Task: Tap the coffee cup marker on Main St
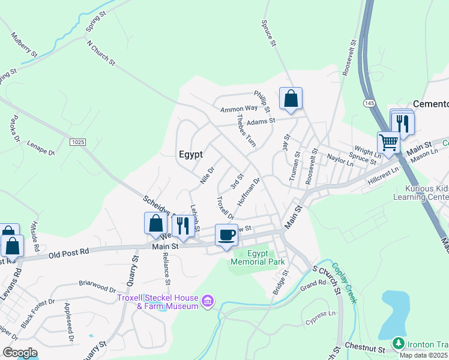226,235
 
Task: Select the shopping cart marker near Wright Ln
388,143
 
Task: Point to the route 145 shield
368,104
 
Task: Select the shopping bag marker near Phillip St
291,98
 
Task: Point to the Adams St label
261,121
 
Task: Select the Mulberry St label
24,45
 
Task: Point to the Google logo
20,353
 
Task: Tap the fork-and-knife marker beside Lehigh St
182,226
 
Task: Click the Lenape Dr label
40,149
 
